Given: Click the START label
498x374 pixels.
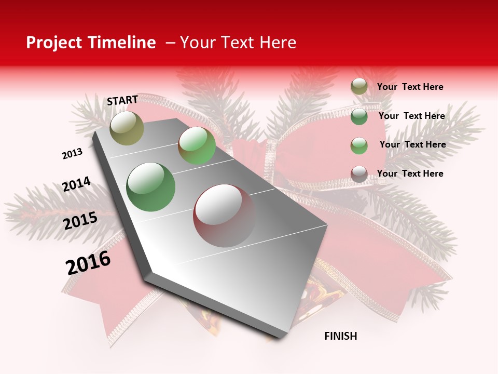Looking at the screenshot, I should [x=122, y=100].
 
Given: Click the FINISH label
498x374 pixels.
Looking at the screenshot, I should [x=340, y=336].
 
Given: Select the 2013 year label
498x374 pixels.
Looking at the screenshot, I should [x=73, y=154].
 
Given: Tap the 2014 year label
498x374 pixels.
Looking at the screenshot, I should [x=76, y=184].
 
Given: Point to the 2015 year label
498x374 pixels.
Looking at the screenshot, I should [x=80, y=221].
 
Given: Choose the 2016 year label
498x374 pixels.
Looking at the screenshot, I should [x=88, y=263].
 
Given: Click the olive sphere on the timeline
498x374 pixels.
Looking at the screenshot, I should [x=127, y=128].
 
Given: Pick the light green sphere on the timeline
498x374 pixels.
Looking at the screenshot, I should [x=197, y=145].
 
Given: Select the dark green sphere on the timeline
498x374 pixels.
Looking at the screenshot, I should [x=150, y=187].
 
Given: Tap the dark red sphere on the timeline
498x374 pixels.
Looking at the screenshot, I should [x=224, y=216].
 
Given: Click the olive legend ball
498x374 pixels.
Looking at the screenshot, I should [x=359, y=87].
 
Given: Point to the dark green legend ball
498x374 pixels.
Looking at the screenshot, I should [x=359, y=116].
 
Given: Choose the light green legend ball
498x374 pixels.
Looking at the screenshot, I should [x=359, y=145].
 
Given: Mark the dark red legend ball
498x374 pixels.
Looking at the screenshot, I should [x=359, y=174].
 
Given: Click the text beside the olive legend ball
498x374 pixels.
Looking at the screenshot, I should [x=410, y=87].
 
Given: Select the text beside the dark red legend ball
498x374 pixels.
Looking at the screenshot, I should [x=410, y=173].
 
